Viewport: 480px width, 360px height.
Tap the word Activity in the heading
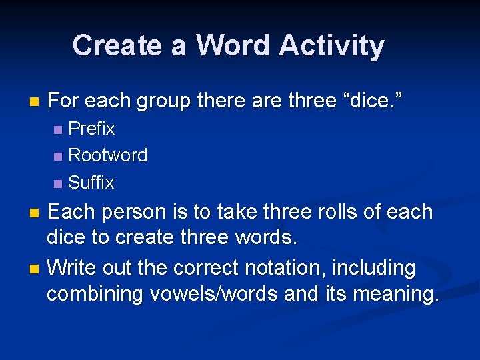click(x=331, y=45)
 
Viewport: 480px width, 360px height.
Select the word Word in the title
click(x=233, y=45)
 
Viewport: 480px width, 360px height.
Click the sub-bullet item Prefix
click(x=91, y=128)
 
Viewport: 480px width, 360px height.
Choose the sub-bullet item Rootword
click(x=107, y=155)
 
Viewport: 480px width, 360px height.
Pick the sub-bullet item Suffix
click(x=91, y=182)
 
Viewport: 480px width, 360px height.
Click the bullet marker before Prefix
click(x=58, y=129)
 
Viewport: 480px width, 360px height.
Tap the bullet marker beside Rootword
click(x=58, y=156)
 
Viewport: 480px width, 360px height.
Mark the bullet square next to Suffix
click(x=58, y=183)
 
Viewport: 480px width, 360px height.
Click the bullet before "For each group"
click(x=35, y=102)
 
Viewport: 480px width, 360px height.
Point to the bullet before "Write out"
click(x=35, y=269)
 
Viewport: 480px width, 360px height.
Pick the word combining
click(x=93, y=294)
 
